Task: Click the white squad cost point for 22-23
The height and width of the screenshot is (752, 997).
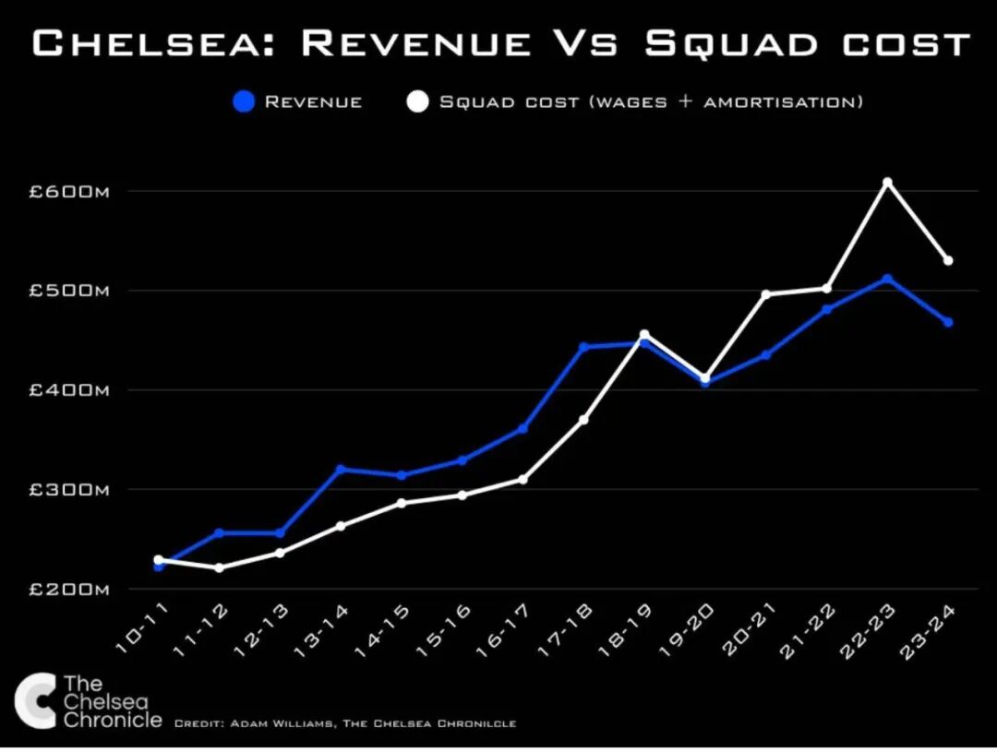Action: tap(887, 183)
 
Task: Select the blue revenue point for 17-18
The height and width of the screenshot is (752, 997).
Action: tap(583, 347)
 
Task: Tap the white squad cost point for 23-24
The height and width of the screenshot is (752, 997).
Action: tap(948, 260)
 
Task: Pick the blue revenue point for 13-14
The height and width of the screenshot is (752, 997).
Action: tap(341, 469)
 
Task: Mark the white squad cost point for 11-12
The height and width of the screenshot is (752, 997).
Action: tap(219, 567)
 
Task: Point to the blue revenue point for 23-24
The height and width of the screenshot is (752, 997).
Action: tap(948, 322)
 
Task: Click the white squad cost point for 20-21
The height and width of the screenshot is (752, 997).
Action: tap(765, 294)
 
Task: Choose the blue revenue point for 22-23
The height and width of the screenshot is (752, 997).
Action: tap(887, 279)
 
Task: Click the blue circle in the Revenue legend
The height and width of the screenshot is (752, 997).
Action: tap(243, 101)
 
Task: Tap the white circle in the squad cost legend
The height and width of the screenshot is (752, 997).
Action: tap(418, 101)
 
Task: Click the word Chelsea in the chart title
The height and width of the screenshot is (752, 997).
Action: tap(148, 43)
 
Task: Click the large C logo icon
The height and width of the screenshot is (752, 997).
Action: tap(35, 701)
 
